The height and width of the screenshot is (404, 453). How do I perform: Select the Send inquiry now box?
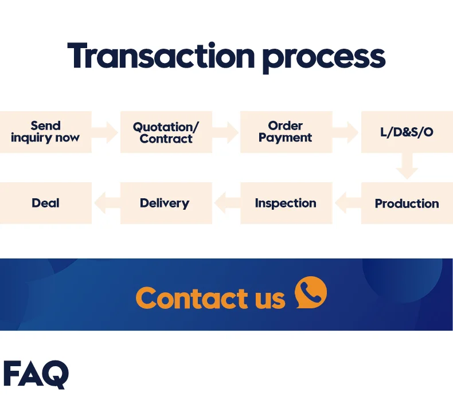tap(45, 132)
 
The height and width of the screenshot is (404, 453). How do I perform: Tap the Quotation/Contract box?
tap(166, 132)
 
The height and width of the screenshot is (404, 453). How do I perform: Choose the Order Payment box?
tap(286, 132)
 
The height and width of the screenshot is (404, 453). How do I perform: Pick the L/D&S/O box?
tap(407, 132)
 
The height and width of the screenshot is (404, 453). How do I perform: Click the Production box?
tap(407, 203)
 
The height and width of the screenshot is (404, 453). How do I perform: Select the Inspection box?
tap(286, 203)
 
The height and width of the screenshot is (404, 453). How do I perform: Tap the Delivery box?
tap(166, 203)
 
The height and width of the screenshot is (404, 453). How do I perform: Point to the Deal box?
tap(45, 203)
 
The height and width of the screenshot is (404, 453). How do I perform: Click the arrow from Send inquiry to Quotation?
tap(106, 132)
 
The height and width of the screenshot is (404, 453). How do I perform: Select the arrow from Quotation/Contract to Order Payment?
tap(226, 132)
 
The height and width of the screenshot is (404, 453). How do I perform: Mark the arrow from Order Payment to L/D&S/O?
tap(346, 132)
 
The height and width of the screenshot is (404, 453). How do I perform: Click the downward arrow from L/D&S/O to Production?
tap(407, 167)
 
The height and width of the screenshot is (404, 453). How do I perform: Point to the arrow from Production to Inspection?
tap(346, 202)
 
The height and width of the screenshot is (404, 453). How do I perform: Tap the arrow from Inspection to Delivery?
tap(226, 202)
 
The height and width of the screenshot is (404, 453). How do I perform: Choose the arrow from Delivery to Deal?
tap(106, 202)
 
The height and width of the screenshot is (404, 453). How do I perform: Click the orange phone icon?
tap(310, 293)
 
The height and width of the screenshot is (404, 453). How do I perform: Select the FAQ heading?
tap(36, 374)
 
